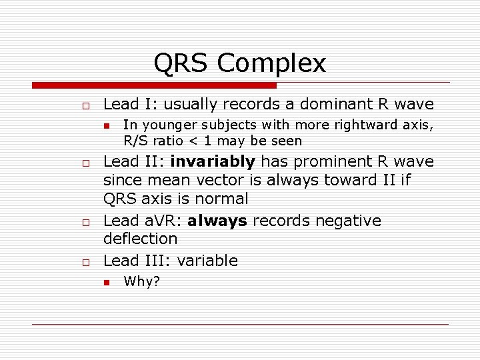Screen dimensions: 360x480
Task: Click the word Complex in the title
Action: point(271,64)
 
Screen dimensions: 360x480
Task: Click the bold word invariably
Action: point(213,161)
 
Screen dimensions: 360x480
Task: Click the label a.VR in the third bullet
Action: point(157,221)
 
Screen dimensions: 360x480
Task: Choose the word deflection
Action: point(141,239)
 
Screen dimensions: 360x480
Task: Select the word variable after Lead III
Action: point(207,261)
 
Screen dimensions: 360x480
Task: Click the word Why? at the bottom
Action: point(141,281)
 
